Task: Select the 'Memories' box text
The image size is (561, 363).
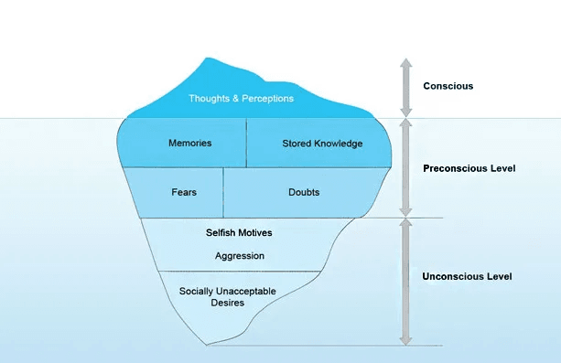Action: [190, 144]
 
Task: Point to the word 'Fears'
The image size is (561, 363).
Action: [184, 193]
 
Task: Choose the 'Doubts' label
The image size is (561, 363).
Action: [304, 193]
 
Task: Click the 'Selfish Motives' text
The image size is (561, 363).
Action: [239, 233]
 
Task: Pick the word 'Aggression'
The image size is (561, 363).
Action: [239, 256]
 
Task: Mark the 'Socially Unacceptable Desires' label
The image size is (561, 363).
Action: [226, 296]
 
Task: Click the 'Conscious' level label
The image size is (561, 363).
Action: [448, 87]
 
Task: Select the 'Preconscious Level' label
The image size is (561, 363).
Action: [469, 168]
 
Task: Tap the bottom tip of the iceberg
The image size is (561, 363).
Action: [210, 344]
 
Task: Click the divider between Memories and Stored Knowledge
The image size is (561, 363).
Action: [247, 144]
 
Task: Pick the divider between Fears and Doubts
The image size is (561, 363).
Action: [223, 193]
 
